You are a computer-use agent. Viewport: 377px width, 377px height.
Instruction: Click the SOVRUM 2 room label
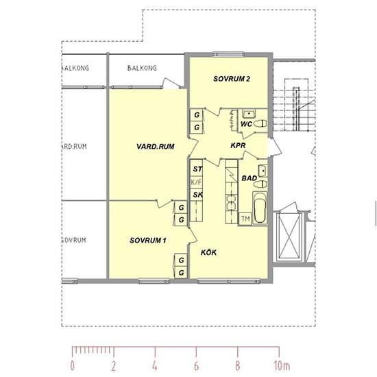(232, 79)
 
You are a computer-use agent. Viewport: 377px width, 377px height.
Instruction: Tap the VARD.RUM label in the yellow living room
(156, 147)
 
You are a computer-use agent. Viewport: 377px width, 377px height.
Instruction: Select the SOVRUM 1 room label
(148, 240)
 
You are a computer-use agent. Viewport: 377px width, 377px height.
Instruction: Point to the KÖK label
(208, 252)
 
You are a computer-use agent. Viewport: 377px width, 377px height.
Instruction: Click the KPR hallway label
(238, 145)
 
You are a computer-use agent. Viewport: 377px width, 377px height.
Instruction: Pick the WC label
(247, 124)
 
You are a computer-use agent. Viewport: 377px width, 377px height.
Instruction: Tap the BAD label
(249, 178)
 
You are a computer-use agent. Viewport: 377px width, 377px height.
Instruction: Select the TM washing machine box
(245, 219)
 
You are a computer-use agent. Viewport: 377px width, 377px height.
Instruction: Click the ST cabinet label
(197, 169)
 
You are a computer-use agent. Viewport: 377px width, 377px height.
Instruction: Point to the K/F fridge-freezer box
(196, 182)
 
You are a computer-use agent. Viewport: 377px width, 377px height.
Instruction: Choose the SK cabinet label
(197, 195)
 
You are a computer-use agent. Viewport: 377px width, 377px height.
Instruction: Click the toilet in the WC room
(260, 123)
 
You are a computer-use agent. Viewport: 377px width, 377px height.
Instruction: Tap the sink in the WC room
(249, 114)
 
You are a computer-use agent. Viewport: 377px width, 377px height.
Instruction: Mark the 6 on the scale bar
(197, 366)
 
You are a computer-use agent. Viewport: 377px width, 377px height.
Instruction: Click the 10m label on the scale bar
(282, 366)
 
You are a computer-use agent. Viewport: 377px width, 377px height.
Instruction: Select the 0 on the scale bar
(73, 366)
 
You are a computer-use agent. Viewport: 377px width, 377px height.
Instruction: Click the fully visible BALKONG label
(142, 68)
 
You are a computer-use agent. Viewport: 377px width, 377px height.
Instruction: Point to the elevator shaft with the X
(289, 236)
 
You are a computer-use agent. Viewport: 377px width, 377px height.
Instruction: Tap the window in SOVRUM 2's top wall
(229, 54)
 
